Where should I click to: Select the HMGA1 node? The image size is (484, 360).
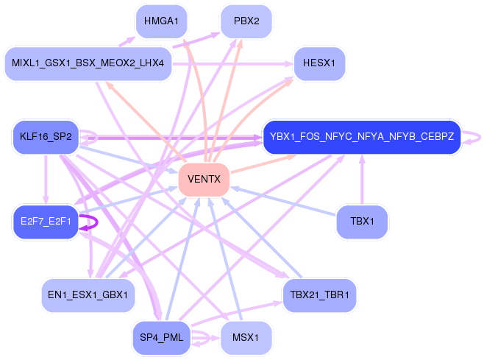point(161,21)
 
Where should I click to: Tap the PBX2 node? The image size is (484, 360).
point(246,21)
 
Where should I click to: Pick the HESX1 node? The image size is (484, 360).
point(319,64)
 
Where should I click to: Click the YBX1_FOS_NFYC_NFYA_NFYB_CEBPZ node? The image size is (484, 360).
point(362,137)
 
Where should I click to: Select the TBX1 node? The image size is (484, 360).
point(362,222)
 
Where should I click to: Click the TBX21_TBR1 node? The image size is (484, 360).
point(319,295)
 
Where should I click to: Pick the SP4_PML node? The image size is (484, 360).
point(161,338)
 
